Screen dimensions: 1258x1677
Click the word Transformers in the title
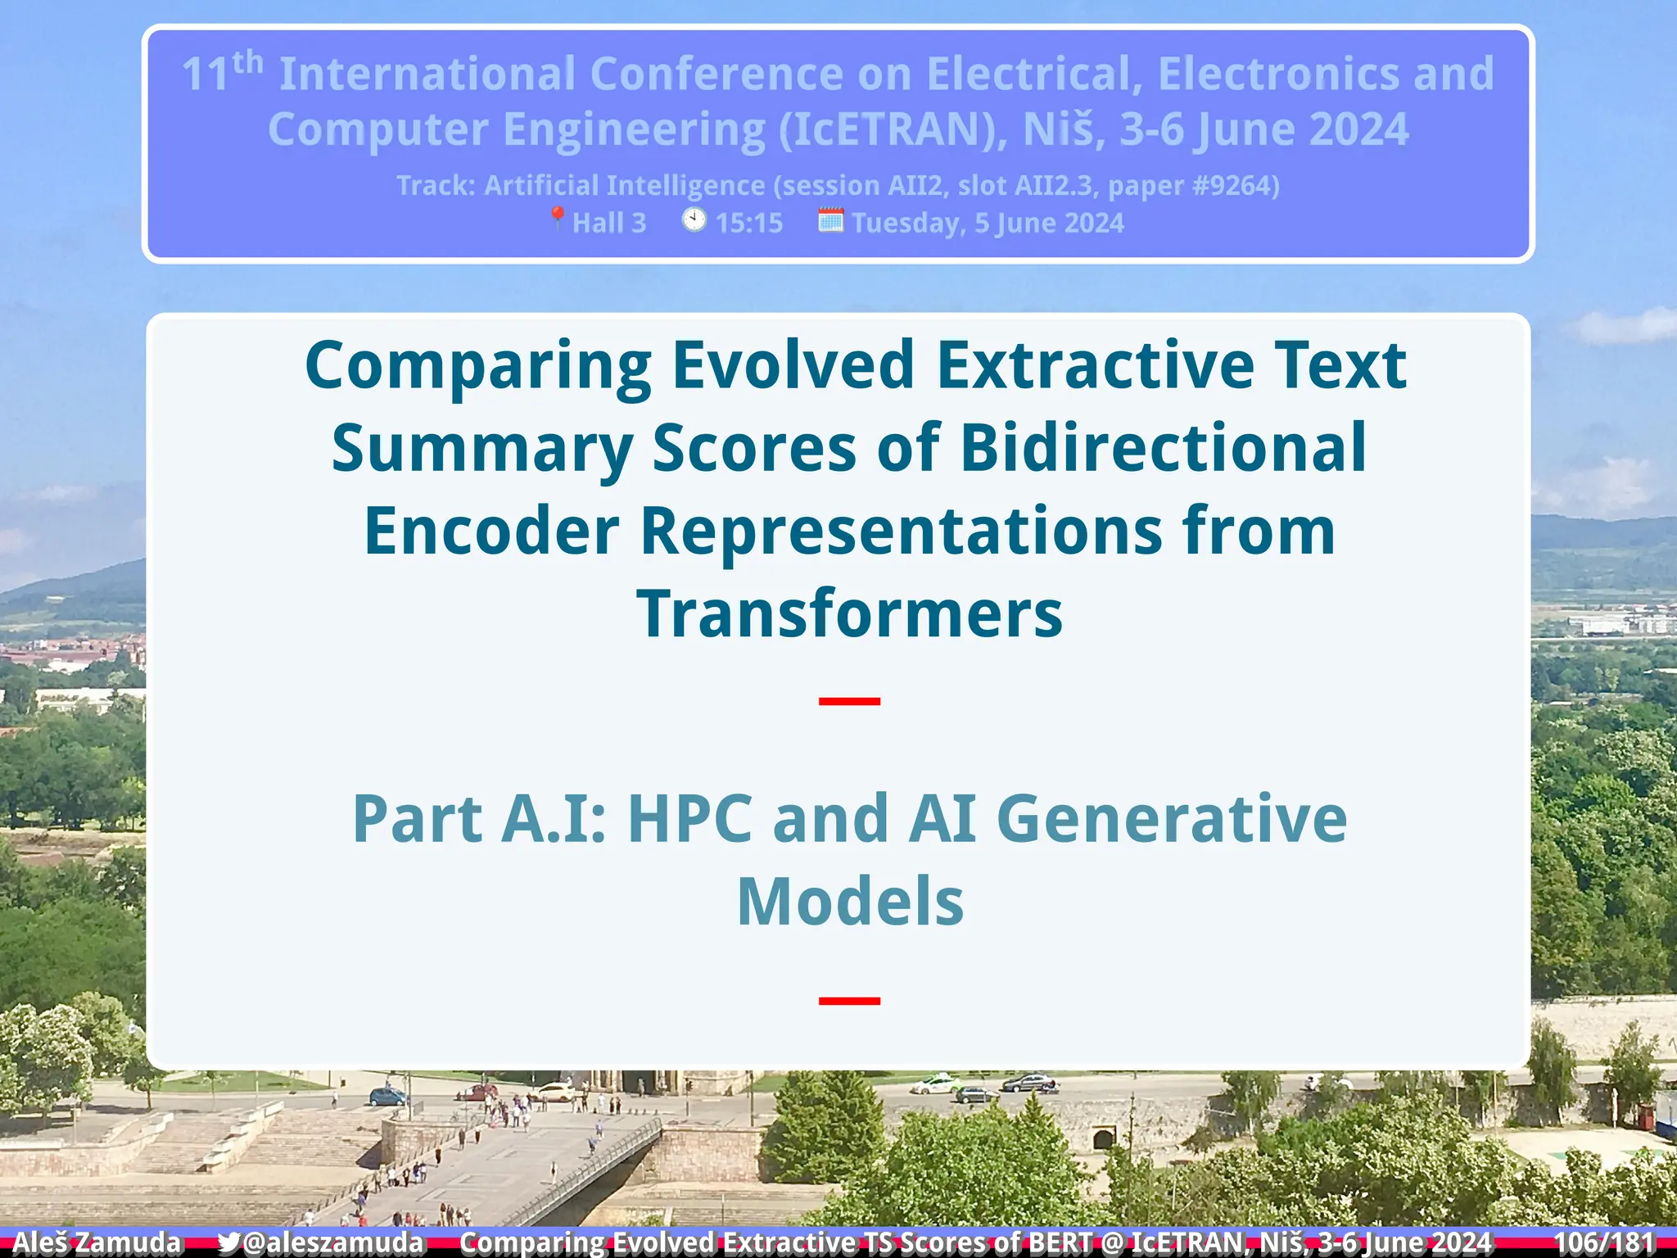(849, 613)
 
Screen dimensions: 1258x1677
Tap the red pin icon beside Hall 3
(557, 219)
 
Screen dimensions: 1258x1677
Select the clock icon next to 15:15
(694, 219)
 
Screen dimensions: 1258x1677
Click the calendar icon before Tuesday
(830, 219)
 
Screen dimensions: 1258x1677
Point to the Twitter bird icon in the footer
(229, 1242)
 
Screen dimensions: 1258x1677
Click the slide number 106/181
(1603, 1242)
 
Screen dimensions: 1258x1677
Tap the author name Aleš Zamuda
(97, 1242)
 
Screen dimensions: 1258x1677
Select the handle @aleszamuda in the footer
(333, 1242)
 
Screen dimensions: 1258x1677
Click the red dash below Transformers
(849, 701)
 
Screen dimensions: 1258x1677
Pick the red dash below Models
(849, 1001)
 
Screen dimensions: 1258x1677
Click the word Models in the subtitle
(850, 901)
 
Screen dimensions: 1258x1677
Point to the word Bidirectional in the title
(1163, 448)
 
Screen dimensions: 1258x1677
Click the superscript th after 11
(247, 62)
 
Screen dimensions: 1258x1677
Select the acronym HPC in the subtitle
(689, 818)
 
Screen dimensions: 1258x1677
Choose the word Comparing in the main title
(478, 366)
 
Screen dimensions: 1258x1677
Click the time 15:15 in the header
(748, 223)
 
